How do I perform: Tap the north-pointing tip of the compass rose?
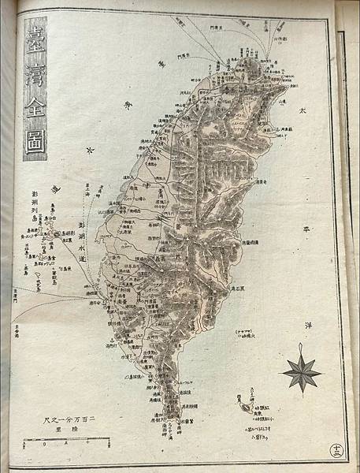[x=301, y=345]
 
